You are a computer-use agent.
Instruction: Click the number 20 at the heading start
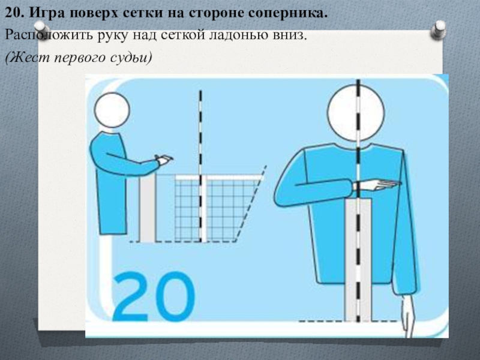pos(14,13)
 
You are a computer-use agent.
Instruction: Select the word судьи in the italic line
pos(130,58)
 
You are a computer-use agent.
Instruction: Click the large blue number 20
pos(154,296)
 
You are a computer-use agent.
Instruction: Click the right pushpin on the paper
pos(438,29)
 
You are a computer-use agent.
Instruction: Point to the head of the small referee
pos(112,110)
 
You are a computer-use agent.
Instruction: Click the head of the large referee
pos(356,112)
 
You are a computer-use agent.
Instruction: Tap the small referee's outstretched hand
pos(164,160)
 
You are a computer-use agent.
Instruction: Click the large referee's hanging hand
pos(409,316)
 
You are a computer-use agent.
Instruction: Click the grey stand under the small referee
pos(148,208)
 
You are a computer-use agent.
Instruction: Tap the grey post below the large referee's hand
pos(358,260)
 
